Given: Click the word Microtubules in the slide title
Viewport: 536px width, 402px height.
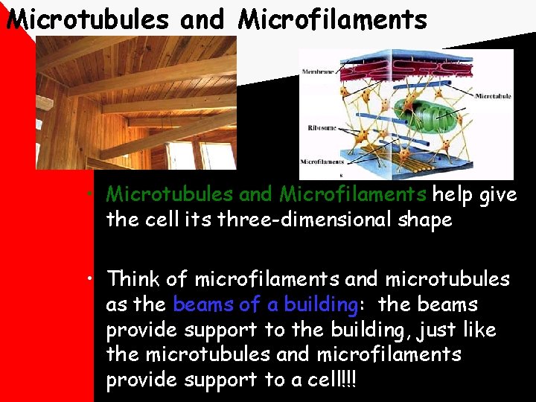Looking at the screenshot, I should click(87, 19).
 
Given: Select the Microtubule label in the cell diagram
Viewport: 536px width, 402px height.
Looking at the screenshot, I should click(493, 96).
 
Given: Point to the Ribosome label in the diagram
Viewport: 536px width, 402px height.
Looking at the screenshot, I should click(322, 128).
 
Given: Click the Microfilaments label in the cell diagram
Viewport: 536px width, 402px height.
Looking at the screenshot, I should click(322, 162).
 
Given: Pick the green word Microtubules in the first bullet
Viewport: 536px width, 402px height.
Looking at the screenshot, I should click(170, 195).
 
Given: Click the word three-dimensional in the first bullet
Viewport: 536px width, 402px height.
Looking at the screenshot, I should click(287, 220).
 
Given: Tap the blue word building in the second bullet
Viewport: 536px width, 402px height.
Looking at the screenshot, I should click(322, 305).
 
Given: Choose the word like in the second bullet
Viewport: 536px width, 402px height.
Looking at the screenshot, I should click(479, 330).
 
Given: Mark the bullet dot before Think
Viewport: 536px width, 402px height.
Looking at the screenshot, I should click(89, 280).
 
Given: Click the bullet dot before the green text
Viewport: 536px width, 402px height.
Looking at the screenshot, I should click(89, 195).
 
